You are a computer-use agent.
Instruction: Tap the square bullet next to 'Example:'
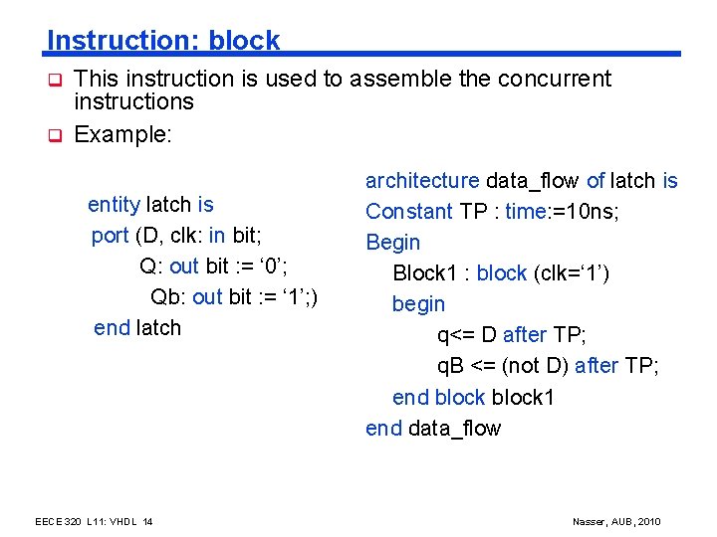coord(57,134)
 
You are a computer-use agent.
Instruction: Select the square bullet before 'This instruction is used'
coord(57,80)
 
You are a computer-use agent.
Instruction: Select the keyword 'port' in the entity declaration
coord(110,236)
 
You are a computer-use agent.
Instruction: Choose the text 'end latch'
coord(137,328)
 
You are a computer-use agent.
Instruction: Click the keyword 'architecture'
coord(422,181)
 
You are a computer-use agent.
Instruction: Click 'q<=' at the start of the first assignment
coord(454,335)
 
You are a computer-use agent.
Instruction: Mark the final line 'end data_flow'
coord(433,429)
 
